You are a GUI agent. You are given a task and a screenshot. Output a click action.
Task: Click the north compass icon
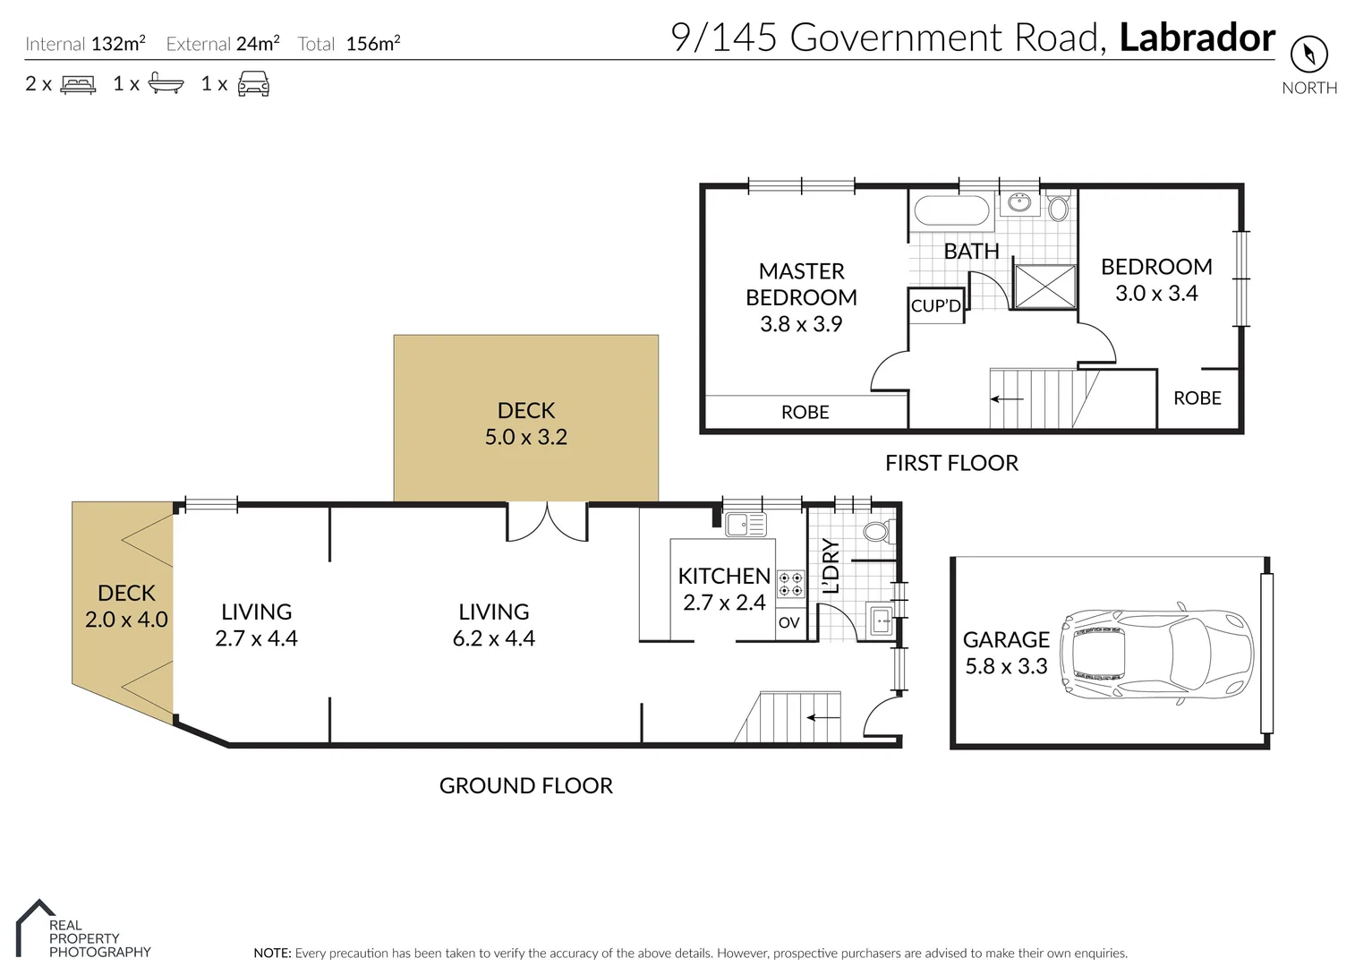(x=1308, y=55)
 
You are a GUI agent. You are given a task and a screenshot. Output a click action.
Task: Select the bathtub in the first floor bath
(x=950, y=213)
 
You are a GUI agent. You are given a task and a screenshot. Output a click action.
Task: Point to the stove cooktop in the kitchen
(x=790, y=584)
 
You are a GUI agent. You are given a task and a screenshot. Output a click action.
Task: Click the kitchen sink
(x=745, y=524)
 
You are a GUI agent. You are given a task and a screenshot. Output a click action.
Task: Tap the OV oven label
(x=788, y=622)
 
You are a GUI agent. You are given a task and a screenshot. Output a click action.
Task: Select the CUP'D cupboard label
(x=935, y=305)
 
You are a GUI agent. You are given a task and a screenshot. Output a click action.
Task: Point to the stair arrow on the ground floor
(x=823, y=717)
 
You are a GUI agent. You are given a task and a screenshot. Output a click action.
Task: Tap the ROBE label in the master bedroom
(x=805, y=412)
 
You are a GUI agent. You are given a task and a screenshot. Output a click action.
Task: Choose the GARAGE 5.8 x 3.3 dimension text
(x=1006, y=653)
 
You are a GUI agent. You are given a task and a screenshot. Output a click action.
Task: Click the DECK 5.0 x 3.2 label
(x=526, y=424)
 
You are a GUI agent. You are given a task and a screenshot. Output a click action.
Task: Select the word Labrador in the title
(x=1197, y=39)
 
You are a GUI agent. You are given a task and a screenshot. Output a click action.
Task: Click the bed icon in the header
(x=78, y=84)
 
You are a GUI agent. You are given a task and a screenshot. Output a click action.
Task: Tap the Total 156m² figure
(x=349, y=44)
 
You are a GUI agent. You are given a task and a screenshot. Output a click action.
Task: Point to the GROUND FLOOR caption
(x=525, y=785)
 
